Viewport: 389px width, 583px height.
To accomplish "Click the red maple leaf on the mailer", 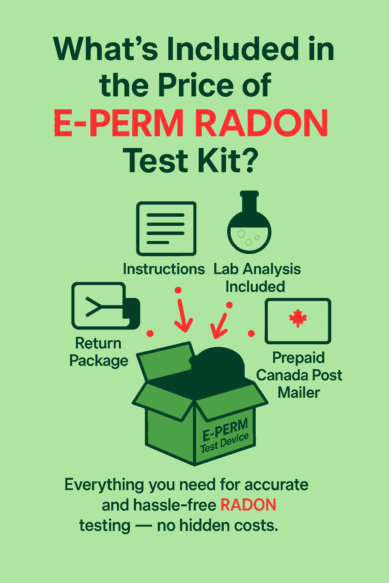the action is pyautogui.click(x=298, y=318).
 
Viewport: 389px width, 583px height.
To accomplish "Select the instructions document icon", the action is pyautogui.click(x=166, y=228).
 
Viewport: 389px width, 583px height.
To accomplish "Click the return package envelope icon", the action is pyautogui.click(x=106, y=306).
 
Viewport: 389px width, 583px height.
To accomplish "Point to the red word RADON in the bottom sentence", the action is pyautogui.click(x=248, y=505).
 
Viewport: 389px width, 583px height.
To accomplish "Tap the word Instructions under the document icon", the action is pyautogui.click(x=164, y=269).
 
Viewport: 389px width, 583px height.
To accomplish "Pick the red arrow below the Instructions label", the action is pyautogui.click(x=183, y=315).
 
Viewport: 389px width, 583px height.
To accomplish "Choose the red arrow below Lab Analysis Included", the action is pyautogui.click(x=219, y=325).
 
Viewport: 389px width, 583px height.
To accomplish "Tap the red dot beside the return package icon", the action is pyautogui.click(x=150, y=333).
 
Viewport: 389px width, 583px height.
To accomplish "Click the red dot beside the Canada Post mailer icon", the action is pyautogui.click(x=251, y=333).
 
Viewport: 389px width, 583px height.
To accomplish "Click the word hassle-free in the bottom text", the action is pyautogui.click(x=175, y=505).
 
